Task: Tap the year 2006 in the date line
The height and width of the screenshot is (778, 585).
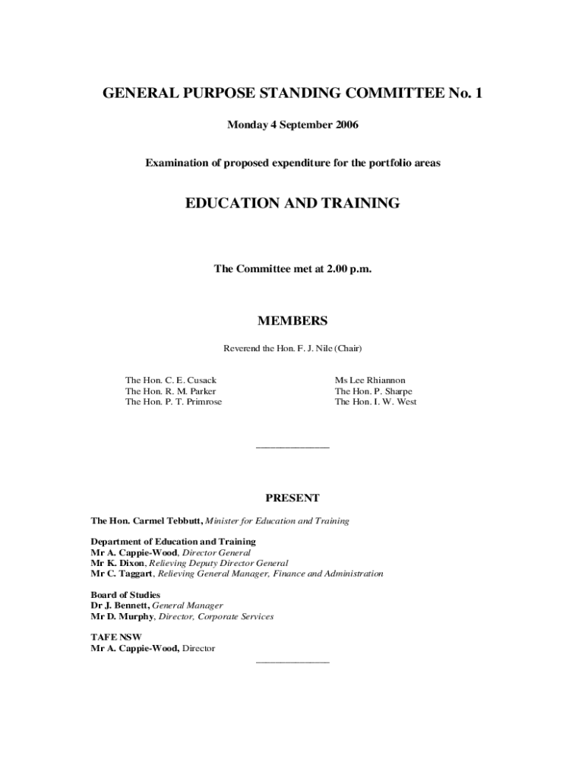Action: pyautogui.click(x=343, y=125)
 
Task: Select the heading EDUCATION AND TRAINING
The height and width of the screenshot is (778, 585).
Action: pyautogui.click(x=292, y=203)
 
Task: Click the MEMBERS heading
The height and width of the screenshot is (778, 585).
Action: pyautogui.click(x=292, y=321)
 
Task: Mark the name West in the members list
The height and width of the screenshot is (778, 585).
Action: pyautogui.click(x=405, y=402)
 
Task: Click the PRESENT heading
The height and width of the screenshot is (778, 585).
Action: pyautogui.click(x=292, y=498)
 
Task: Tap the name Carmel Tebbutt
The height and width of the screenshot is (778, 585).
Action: pyautogui.click(x=167, y=521)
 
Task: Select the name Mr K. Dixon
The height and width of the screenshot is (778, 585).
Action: pyautogui.click(x=118, y=564)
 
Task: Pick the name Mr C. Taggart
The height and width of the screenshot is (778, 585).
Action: pyautogui.click(x=122, y=574)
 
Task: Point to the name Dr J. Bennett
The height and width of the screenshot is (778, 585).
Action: pyautogui.click(x=121, y=606)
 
